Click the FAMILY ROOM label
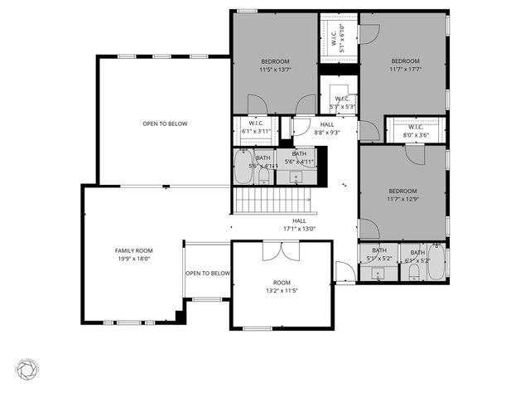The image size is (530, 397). tap(133, 250)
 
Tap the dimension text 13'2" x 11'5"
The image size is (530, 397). tap(282, 291)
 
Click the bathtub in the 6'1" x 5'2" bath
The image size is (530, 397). tap(436, 262)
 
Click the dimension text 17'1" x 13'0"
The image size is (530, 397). tap(299, 229)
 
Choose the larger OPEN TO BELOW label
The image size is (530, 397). tap(165, 123)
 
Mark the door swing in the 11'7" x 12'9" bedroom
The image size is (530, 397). tap(417, 154)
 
